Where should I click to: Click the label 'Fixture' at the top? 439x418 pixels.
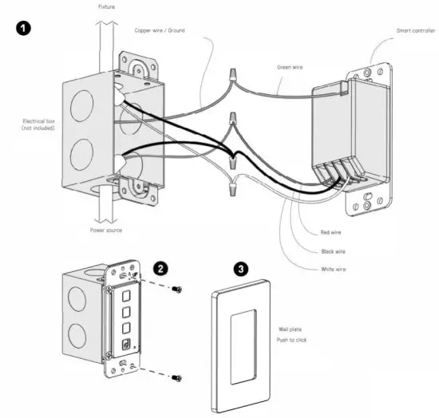click(x=106, y=6)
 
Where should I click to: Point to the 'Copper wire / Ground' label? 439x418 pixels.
click(x=160, y=30)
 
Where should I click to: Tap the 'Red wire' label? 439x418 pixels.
click(x=330, y=232)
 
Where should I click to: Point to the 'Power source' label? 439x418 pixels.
click(x=105, y=231)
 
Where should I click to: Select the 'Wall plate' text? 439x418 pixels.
click(x=290, y=329)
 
